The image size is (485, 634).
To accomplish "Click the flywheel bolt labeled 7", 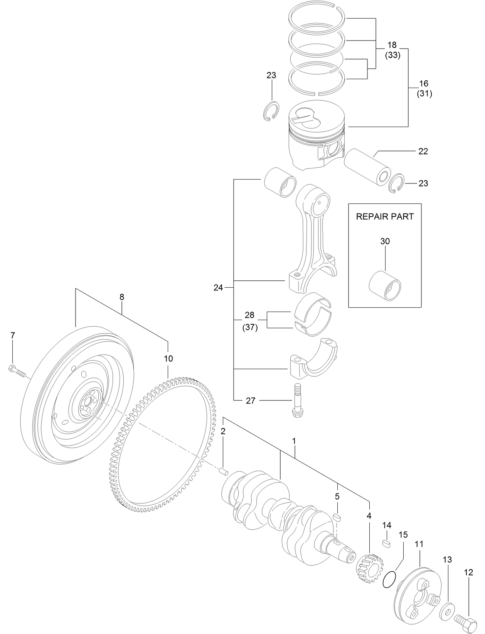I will (16, 371).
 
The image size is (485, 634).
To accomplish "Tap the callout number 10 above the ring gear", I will (168, 358).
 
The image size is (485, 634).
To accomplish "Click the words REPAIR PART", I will (384, 216).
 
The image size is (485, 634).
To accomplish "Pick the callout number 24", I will (218, 287).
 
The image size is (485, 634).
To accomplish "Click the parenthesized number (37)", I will (250, 327).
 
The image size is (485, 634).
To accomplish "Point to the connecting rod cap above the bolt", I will (312, 357).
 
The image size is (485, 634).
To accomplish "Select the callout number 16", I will (424, 83).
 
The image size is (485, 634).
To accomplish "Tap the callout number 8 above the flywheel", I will (122, 297).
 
